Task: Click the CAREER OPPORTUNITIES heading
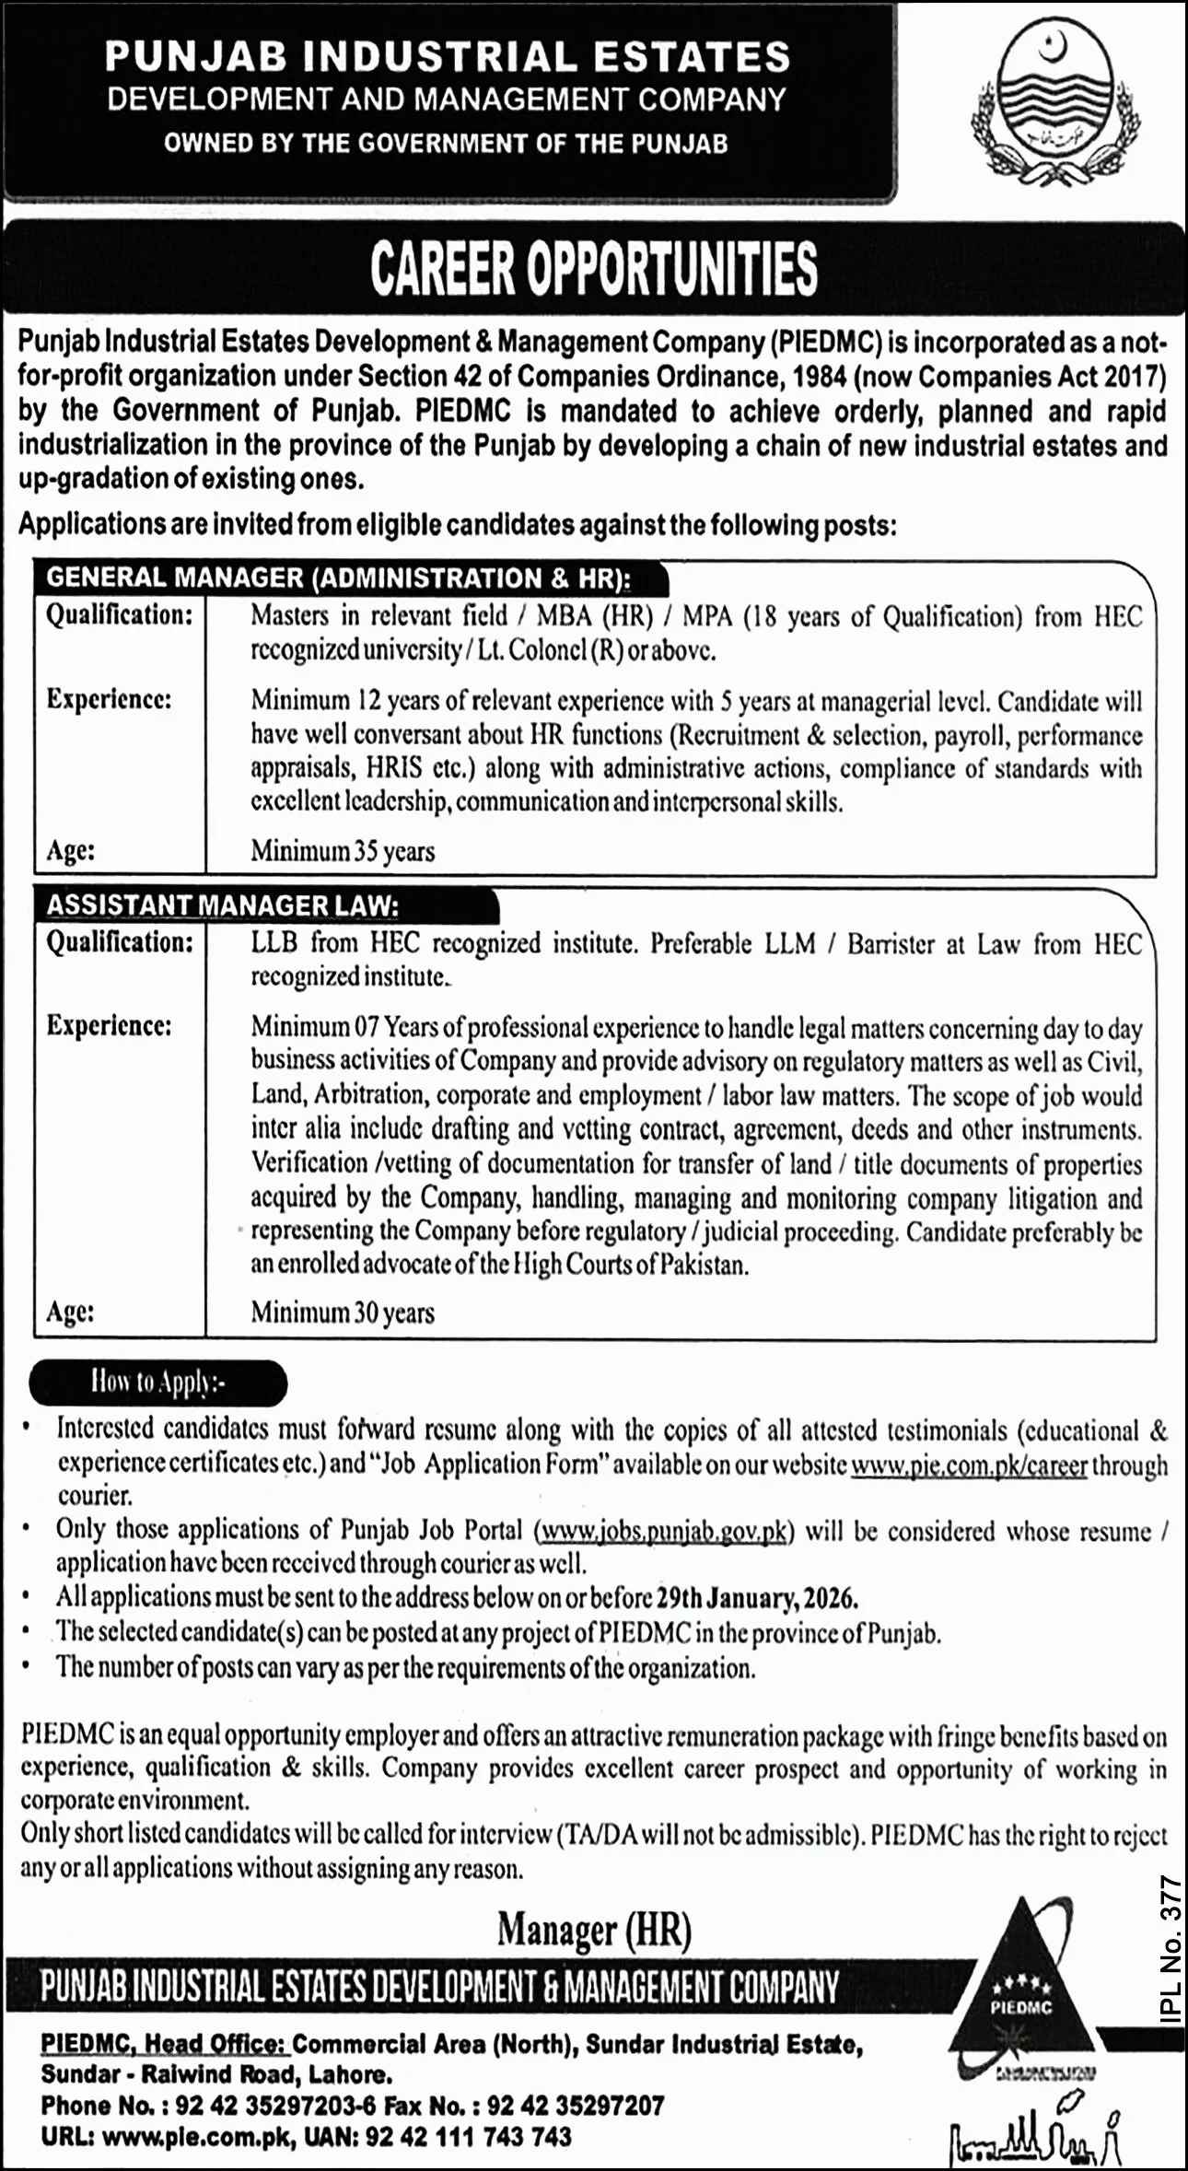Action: [594, 269]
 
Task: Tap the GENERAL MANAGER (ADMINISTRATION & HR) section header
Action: [339, 578]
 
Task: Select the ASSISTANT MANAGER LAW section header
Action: [223, 905]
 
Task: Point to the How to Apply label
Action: [157, 1382]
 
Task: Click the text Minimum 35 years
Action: [343, 851]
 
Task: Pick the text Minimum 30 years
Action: [343, 1313]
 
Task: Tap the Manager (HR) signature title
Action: [594, 1929]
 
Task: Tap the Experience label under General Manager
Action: [109, 699]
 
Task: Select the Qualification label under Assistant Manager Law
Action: [120, 942]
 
